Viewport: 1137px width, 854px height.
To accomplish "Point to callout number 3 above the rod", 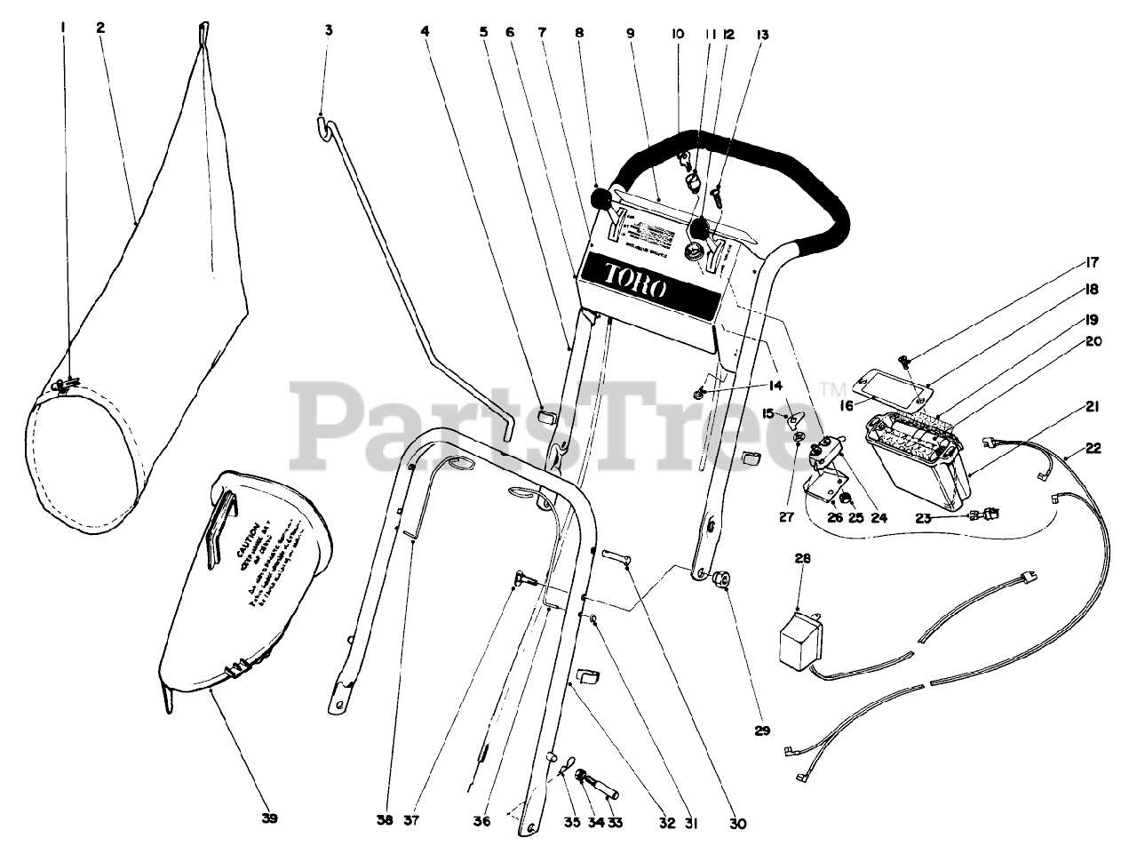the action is point(329,30).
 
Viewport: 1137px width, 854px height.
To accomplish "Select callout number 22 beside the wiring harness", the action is point(1093,449).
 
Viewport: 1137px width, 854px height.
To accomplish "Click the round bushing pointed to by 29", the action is point(722,580).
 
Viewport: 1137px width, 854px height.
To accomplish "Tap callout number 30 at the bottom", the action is point(737,824).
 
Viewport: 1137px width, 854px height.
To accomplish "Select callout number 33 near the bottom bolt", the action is point(615,823).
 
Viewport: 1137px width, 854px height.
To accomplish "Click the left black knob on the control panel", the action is point(601,196).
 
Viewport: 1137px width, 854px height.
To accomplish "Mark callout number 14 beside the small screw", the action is point(776,386).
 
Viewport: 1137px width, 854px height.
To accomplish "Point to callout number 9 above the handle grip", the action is point(630,34).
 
